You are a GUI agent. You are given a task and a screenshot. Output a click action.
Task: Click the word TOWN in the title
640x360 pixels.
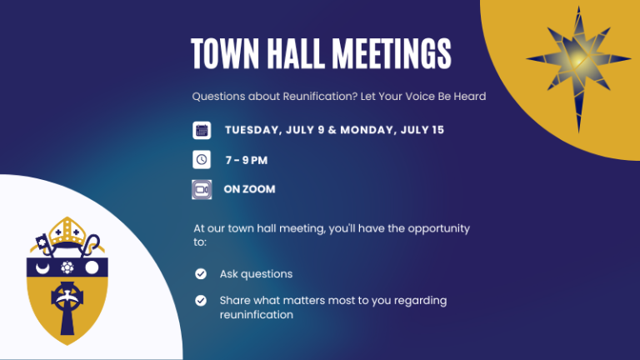pos(225,53)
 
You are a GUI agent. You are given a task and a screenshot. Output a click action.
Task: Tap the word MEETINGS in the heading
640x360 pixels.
pos(392,53)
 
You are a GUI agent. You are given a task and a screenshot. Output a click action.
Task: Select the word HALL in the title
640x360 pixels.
pos(296,53)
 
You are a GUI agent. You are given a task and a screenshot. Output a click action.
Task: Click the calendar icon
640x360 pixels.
pos(202,130)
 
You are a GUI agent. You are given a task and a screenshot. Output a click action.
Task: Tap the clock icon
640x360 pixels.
pos(202,160)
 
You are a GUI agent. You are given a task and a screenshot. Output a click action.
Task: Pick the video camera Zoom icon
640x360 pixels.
pos(202,189)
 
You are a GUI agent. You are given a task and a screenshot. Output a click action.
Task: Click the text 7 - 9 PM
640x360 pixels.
pos(247,160)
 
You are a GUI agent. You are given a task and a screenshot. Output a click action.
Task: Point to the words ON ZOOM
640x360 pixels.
pos(249,189)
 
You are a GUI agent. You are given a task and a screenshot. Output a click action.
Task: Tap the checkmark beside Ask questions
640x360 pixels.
pos(200,274)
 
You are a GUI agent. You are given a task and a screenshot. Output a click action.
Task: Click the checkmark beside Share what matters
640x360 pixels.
pos(200,301)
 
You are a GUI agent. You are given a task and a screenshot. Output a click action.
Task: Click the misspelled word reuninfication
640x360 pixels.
pos(257,315)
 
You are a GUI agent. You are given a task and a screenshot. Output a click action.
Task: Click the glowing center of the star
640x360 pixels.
pos(578,60)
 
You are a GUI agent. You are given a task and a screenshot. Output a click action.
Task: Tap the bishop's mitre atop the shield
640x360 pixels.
pos(67,231)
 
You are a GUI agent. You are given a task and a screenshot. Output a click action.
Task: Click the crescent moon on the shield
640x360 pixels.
pos(42,267)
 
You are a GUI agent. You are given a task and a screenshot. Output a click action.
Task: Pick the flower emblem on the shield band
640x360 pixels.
pos(67,267)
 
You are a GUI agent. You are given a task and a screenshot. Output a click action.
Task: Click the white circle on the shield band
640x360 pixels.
pos(92,267)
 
